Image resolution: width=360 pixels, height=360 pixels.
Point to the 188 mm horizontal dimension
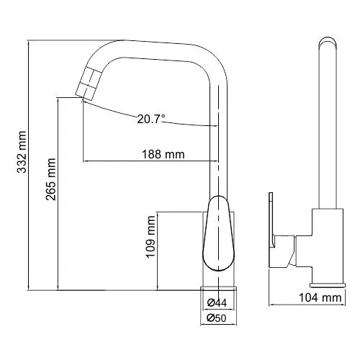point(163,153)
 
